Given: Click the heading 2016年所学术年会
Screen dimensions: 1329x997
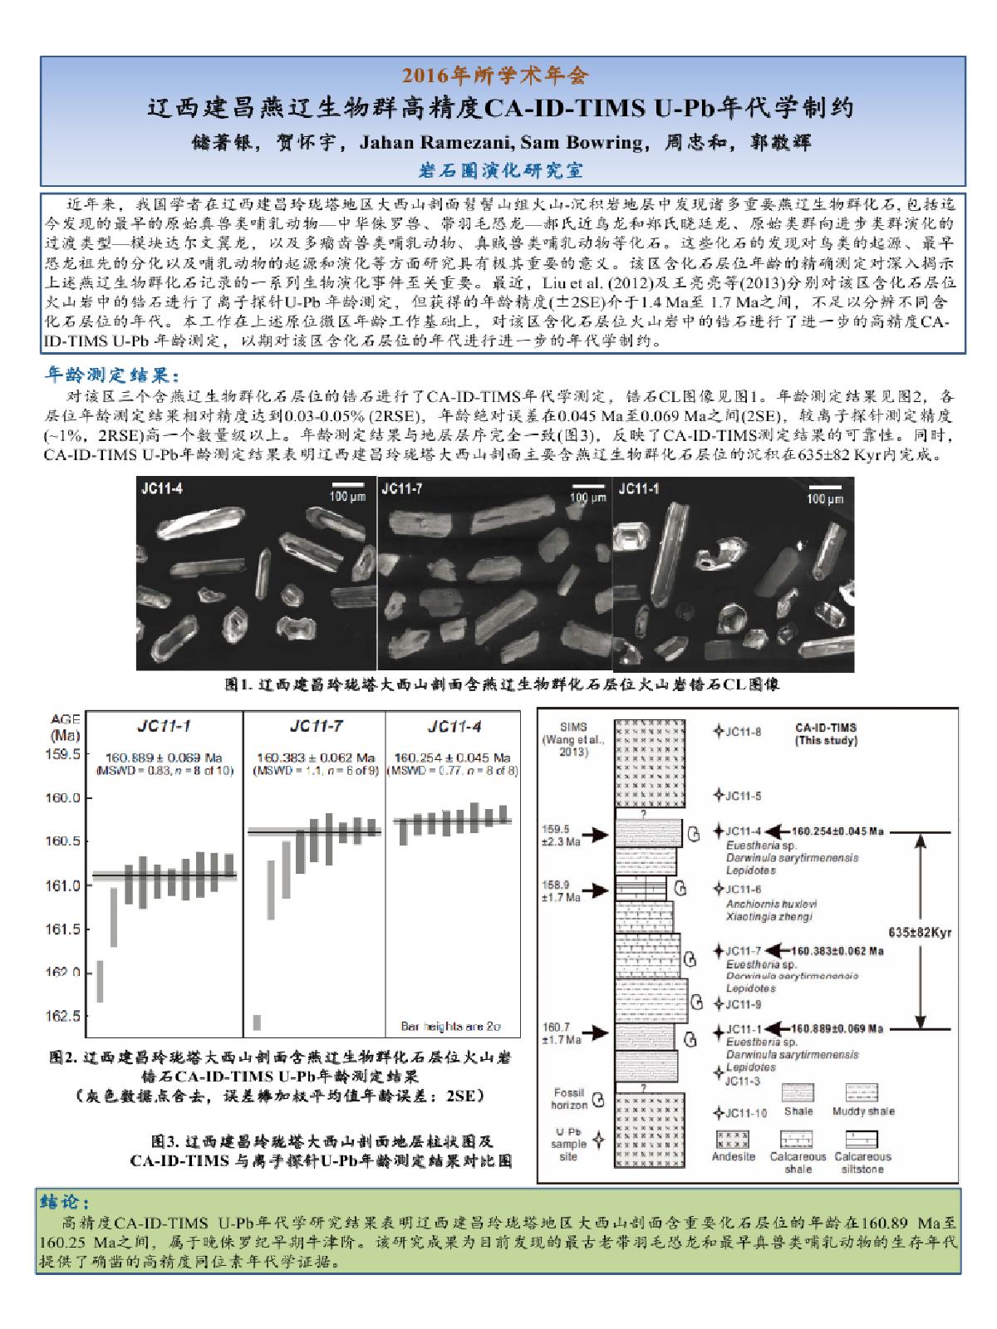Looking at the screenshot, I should pyautogui.click(x=496, y=77).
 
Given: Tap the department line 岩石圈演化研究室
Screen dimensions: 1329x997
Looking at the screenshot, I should pyautogui.click(x=502, y=170).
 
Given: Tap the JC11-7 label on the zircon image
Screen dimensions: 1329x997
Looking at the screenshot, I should pyautogui.click(x=402, y=488).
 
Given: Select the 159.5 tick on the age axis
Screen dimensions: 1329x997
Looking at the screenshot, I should pyautogui.click(x=66, y=754).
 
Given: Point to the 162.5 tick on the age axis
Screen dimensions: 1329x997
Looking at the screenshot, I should pyautogui.click(x=66, y=1016).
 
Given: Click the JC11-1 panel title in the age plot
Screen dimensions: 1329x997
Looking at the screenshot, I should pyautogui.click(x=164, y=727).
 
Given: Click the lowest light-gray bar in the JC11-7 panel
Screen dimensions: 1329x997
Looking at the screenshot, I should pyautogui.click(x=257, y=1022).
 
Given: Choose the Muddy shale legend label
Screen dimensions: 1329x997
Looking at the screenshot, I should pyautogui.click(x=861, y=1111).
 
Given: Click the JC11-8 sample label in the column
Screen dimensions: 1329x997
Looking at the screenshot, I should pyautogui.click(x=743, y=732).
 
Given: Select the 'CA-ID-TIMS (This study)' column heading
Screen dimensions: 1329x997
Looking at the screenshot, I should pyautogui.click(x=826, y=733).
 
